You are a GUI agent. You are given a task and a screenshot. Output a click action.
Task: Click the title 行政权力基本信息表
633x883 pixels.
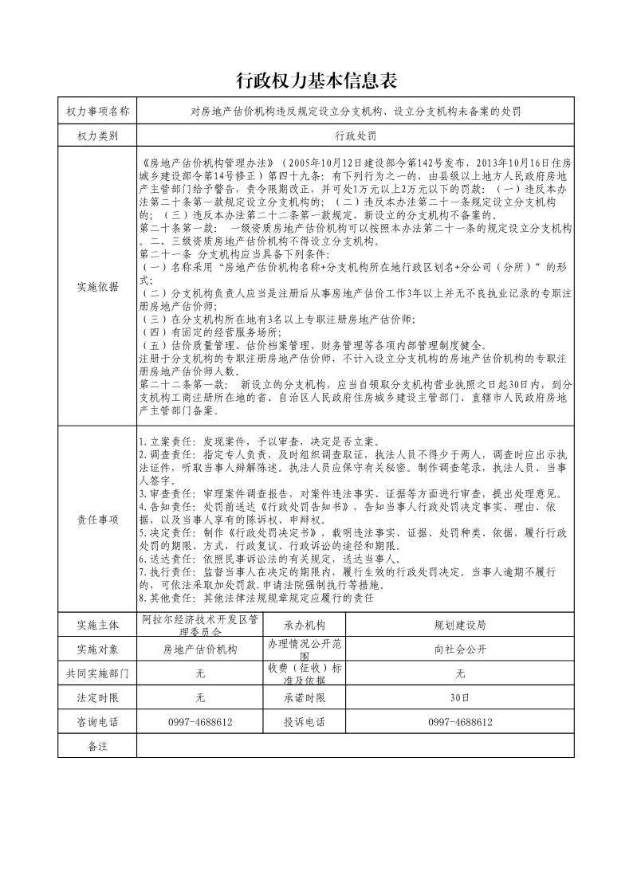pyautogui.click(x=316, y=81)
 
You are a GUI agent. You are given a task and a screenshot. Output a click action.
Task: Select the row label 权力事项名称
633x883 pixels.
pyautogui.click(x=97, y=112)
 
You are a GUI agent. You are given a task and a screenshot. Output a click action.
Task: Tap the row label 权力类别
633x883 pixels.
pyautogui.click(x=97, y=135)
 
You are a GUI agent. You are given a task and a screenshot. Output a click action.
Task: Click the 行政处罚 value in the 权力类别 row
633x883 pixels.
pyautogui.click(x=355, y=135)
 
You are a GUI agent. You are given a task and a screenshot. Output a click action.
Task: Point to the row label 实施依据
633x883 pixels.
pyautogui.click(x=97, y=287)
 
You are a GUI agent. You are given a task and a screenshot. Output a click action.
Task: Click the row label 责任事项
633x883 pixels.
pyautogui.click(x=97, y=520)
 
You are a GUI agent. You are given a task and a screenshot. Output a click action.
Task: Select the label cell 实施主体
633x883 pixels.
pyautogui.click(x=97, y=624)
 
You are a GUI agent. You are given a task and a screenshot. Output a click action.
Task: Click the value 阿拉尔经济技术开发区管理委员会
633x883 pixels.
pyautogui.click(x=200, y=624)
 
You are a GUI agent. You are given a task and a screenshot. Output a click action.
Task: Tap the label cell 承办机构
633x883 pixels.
pyautogui.click(x=304, y=624)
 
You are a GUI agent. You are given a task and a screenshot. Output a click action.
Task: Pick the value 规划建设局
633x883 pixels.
pyautogui.click(x=459, y=624)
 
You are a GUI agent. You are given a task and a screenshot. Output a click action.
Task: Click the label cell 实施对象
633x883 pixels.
pyautogui.click(x=97, y=649)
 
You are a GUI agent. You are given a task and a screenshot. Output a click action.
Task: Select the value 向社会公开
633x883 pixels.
pyautogui.click(x=459, y=649)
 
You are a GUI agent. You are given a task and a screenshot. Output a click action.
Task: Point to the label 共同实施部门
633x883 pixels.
pyautogui.click(x=97, y=673)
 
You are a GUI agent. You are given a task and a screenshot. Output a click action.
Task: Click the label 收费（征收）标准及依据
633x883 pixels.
pyautogui.click(x=304, y=673)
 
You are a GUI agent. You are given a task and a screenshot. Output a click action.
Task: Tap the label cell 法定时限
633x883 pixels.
pyautogui.click(x=97, y=698)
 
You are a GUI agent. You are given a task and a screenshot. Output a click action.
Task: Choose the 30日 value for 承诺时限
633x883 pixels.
pyautogui.click(x=459, y=698)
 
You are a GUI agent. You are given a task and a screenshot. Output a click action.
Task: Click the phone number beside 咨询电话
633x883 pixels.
pyautogui.click(x=200, y=722)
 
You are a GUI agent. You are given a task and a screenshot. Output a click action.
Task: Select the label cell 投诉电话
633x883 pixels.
pyautogui.click(x=304, y=722)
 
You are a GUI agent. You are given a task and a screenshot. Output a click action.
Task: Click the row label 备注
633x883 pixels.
pyautogui.click(x=97, y=746)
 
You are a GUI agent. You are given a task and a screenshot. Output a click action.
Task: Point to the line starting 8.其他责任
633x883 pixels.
pyautogui.click(x=255, y=597)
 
